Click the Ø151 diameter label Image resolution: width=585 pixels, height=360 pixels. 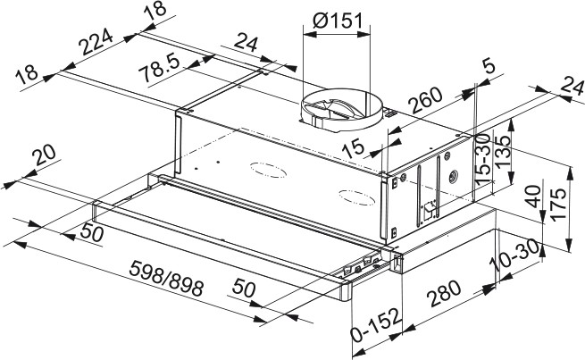(x=338, y=21)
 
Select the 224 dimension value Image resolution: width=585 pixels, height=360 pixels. (x=96, y=41)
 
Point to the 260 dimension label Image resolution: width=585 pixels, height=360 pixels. (x=425, y=100)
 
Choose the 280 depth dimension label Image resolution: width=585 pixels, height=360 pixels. (x=444, y=294)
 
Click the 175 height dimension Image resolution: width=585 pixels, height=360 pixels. (x=558, y=205)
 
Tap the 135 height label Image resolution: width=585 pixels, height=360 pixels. (x=503, y=151)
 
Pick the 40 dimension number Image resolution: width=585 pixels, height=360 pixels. (x=534, y=196)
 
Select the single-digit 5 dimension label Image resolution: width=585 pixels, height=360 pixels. (x=489, y=66)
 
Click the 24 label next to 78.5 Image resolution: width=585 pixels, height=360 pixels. (x=246, y=43)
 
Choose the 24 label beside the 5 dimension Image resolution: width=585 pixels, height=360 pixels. (x=572, y=88)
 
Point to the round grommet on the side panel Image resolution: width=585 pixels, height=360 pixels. (x=454, y=175)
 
